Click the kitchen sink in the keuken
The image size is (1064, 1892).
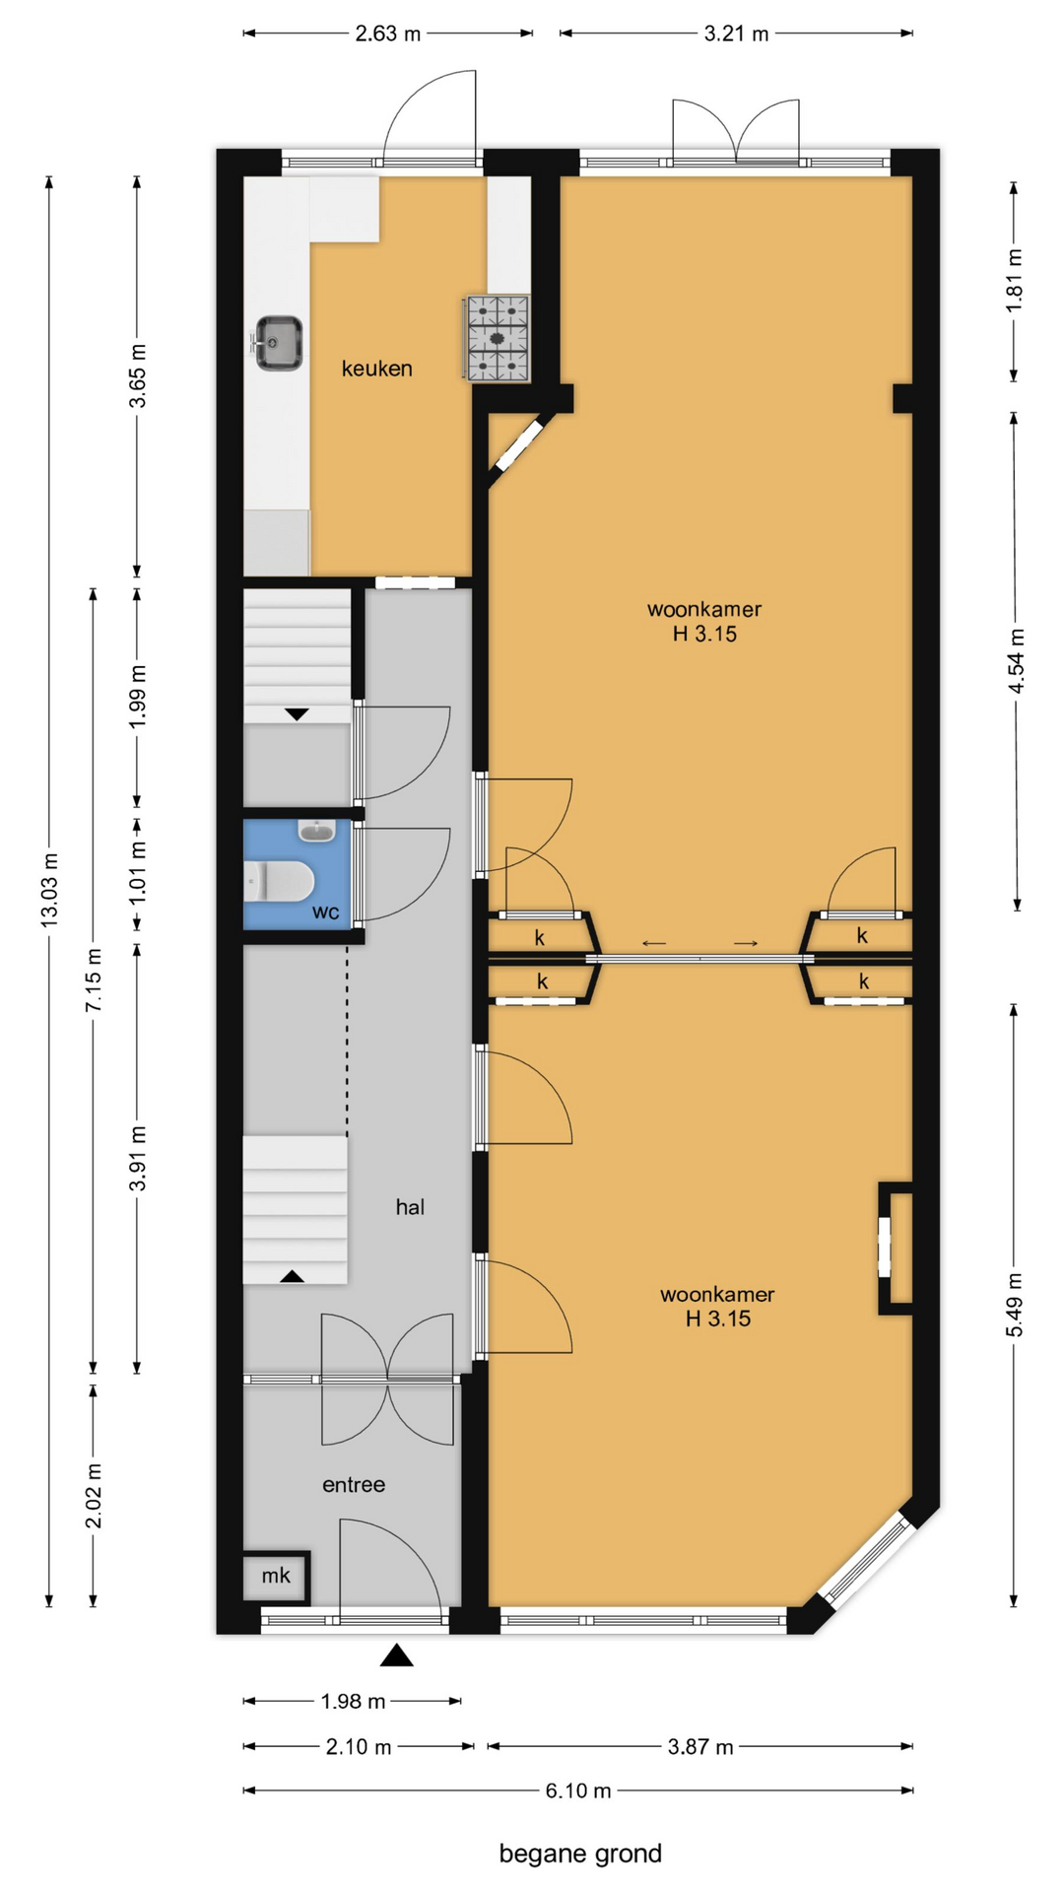click(x=279, y=343)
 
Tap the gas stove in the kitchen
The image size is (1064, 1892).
click(x=498, y=338)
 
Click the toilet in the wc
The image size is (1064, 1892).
click(x=280, y=881)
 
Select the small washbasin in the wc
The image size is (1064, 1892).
click(x=316, y=831)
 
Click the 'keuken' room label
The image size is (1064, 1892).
click(x=376, y=369)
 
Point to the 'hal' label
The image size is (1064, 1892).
click(x=410, y=1207)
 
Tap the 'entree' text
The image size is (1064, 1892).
click(x=354, y=1485)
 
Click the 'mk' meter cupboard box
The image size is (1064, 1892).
click(x=276, y=1577)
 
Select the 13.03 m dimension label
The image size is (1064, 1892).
click(x=49, y=890)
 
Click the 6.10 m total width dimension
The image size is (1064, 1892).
click(x=578, y=1791)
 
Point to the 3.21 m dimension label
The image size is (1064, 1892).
click(x=736, y=34)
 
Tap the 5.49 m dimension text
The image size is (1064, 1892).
click(x=1014, y=1305)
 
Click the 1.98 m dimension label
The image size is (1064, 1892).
click(x=353, y=1701)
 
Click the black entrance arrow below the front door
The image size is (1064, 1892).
click(x=397, y=1655)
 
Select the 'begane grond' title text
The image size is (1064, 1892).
click(x=580, y=1854)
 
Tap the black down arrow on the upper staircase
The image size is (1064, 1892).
click(x=297, y=714)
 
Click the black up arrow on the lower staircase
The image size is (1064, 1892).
click(x=292, y=1276)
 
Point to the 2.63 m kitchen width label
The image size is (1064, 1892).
click(x=388, y=34)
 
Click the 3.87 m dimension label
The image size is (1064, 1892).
click(x=700, y=1747)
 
